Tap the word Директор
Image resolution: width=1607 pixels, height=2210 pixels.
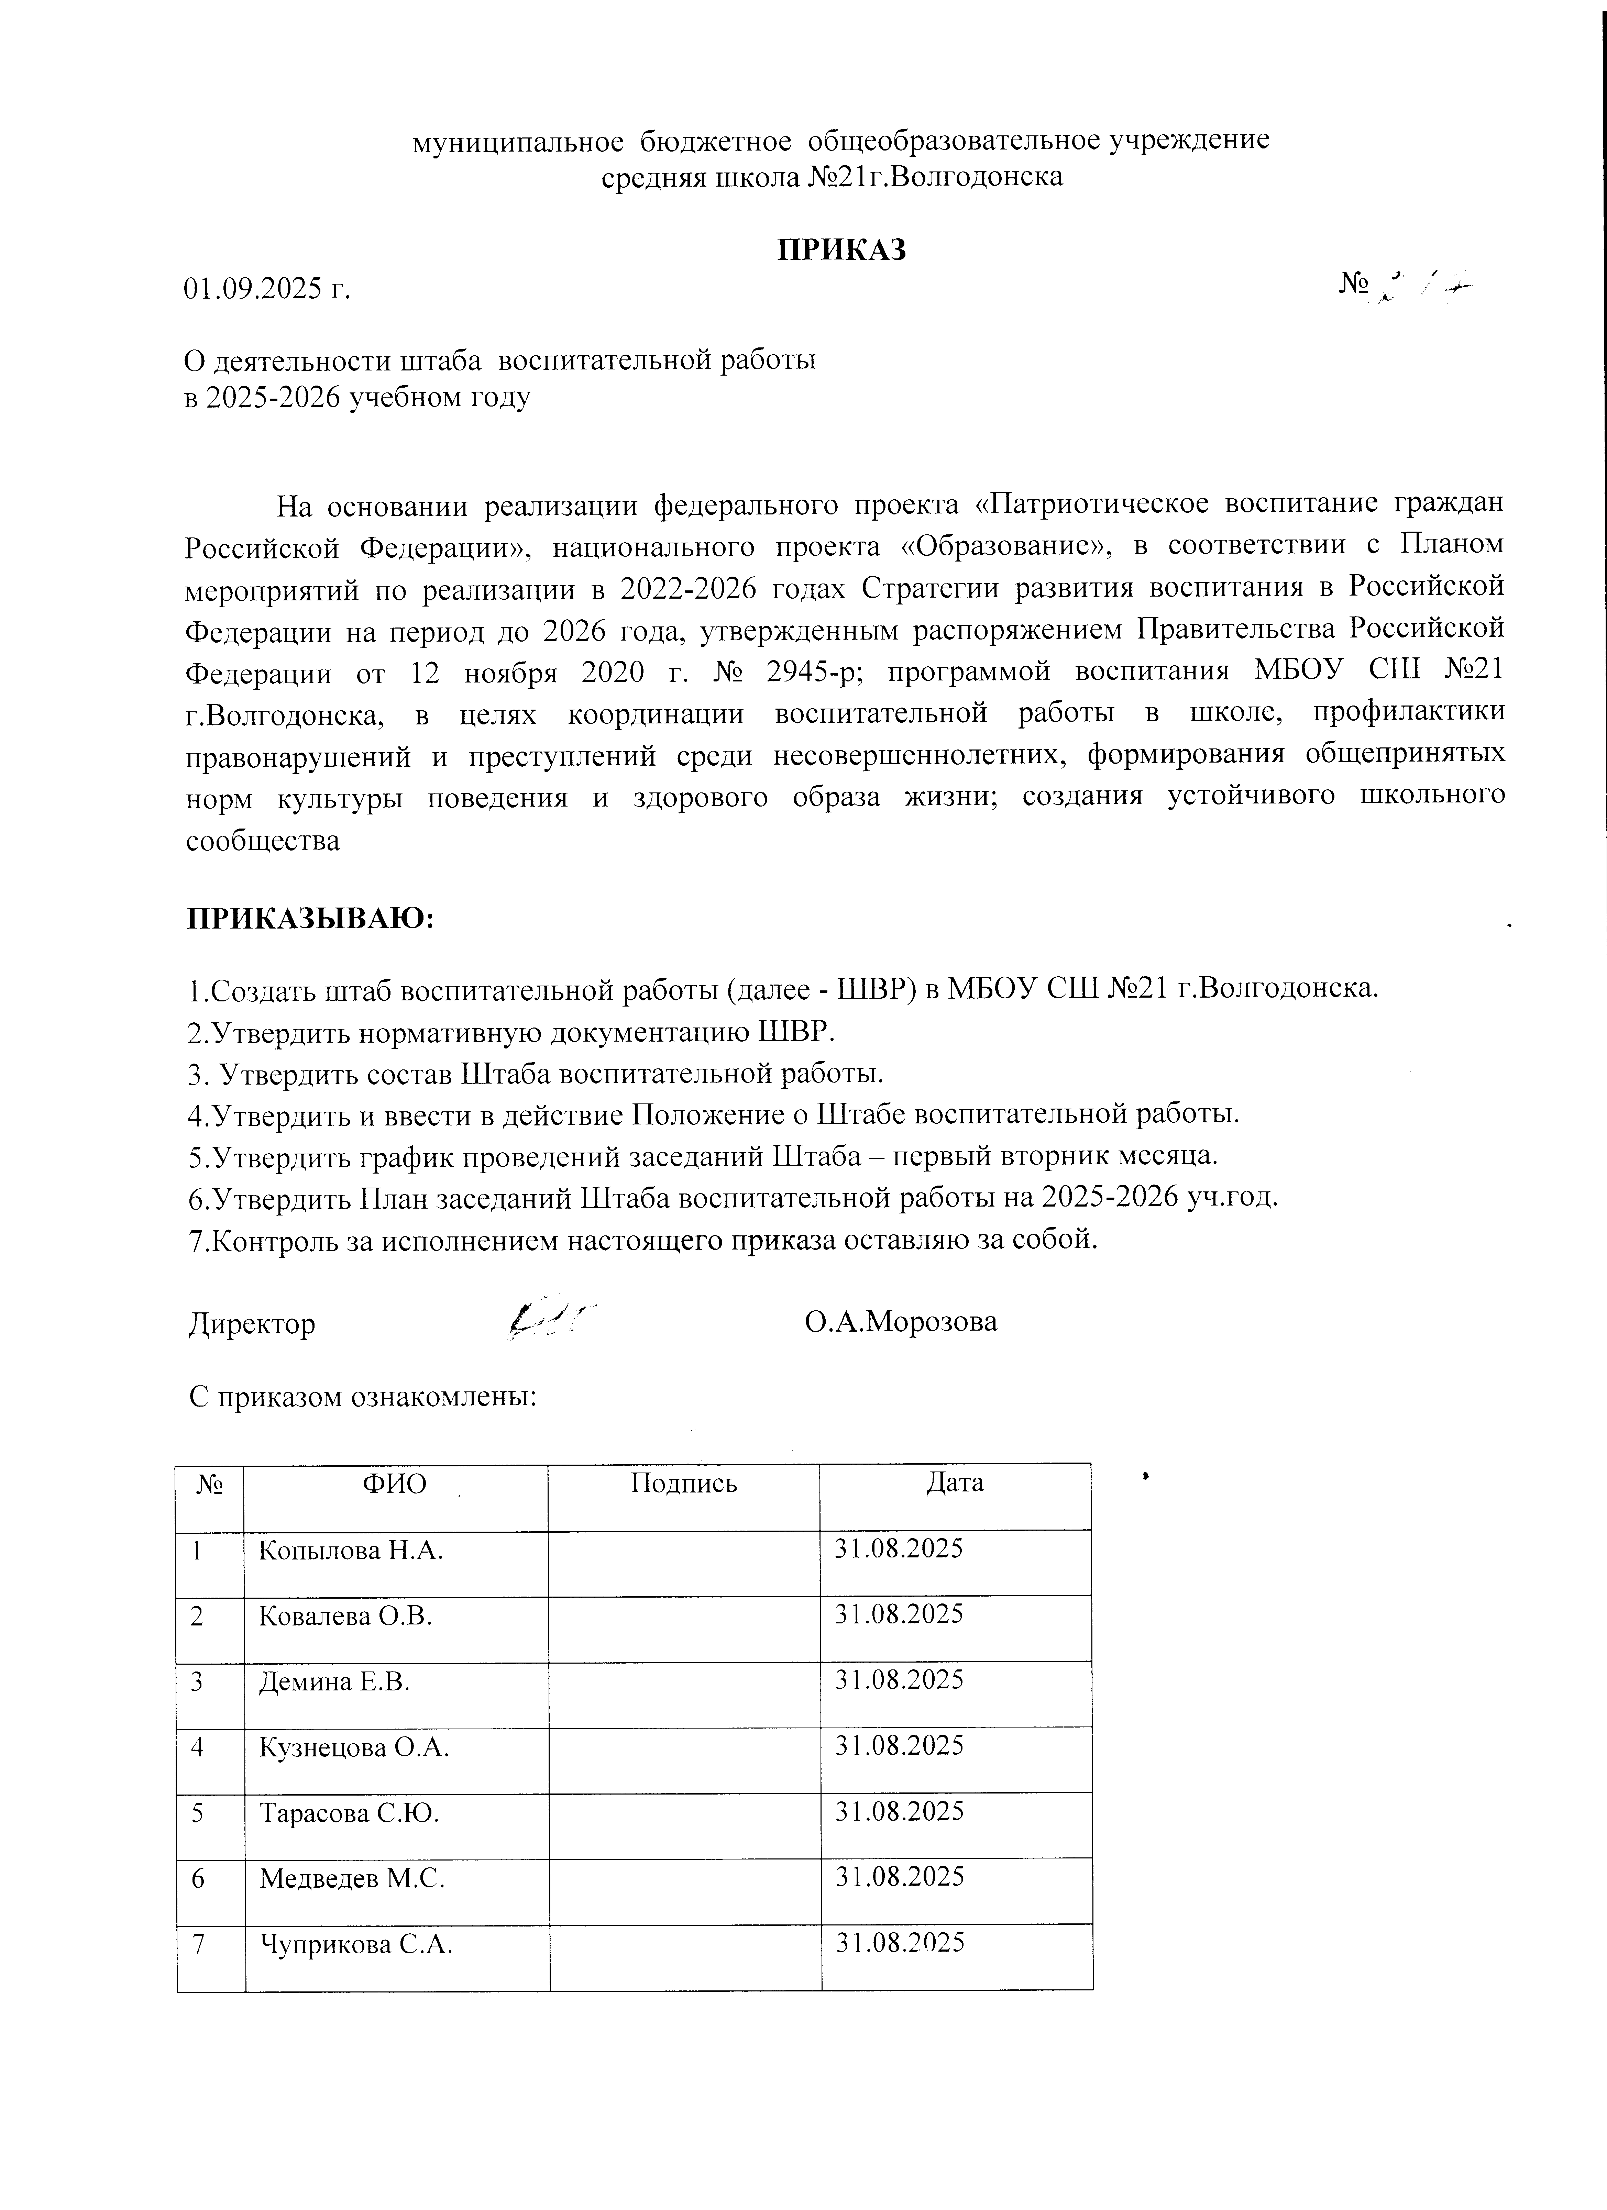pos(251,1324)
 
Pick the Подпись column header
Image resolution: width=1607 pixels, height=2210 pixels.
pos(683,1483)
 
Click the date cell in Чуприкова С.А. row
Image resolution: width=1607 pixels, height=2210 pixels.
pos(901,1943)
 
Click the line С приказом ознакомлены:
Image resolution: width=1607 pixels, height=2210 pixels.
pos(363,1396)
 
